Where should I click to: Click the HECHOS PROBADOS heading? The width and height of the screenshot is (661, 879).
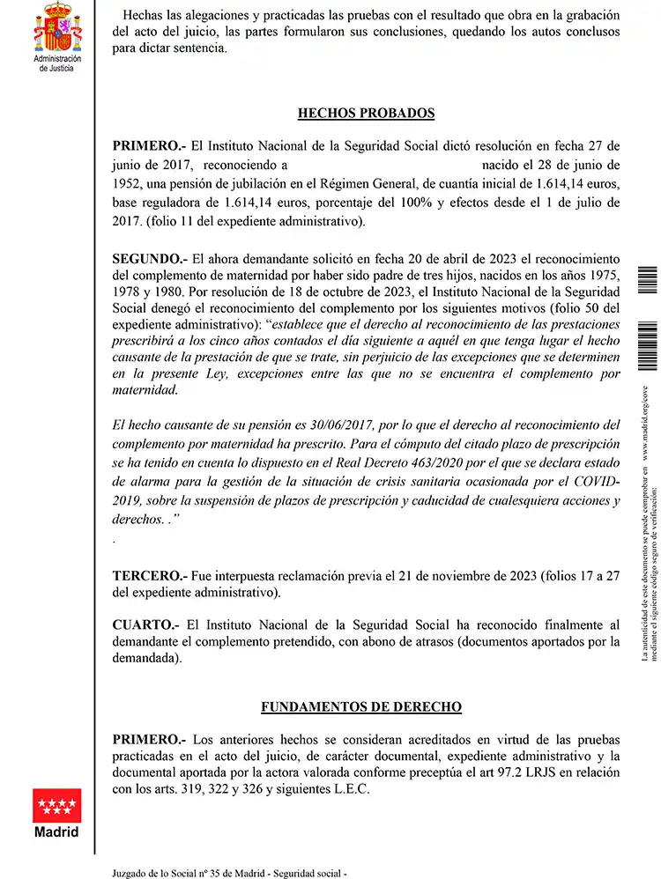(x=366, y=114)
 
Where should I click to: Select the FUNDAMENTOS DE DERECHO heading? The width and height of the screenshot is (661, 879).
(x=361, y=707)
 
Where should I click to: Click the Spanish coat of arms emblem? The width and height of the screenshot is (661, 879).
(x=56, y=27)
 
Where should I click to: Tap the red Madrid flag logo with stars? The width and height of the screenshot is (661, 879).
(x=56, y=805)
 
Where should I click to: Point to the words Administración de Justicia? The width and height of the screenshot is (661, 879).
(x=56, y=63)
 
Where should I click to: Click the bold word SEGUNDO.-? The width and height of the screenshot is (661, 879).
(x=150, y=259)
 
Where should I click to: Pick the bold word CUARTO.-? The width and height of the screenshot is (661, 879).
(x=147, y=625)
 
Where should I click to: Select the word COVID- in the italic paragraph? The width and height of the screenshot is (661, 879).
(x=594, y=483)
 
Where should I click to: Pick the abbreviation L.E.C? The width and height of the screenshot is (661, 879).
(x=350, y=790)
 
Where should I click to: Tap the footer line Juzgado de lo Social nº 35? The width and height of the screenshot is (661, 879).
(x=230, y=872)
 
